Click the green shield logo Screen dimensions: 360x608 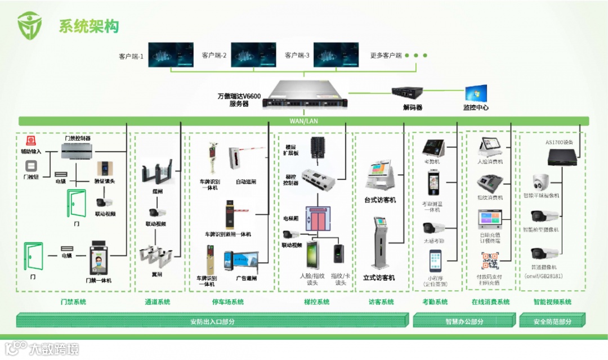point(29,25)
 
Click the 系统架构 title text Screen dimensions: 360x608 point(89,26)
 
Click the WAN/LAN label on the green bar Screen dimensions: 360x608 point(304,121)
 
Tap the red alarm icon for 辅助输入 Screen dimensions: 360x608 point(30,141)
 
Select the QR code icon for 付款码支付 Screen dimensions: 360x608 point(489,261)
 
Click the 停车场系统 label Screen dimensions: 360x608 point(228,302)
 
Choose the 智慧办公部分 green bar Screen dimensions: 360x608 point(464,321)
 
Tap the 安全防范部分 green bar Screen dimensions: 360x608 point(552,321)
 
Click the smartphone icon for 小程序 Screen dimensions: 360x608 point(436,262)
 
